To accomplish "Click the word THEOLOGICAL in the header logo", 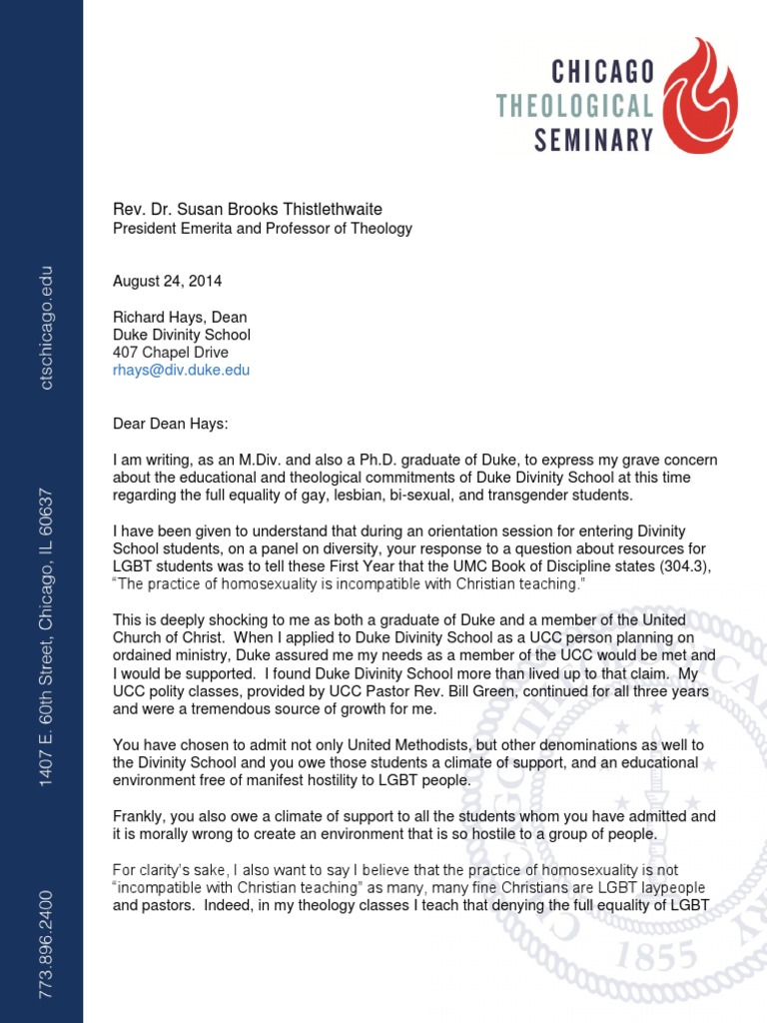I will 576,105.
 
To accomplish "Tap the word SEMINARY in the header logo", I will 593,139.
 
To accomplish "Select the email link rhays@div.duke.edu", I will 181,370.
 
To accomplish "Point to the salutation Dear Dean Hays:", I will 170,425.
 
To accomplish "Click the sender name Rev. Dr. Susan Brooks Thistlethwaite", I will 247,209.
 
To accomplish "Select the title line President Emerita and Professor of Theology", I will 262,229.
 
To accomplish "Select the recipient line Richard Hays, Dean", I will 179,318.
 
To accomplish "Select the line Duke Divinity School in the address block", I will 181,335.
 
